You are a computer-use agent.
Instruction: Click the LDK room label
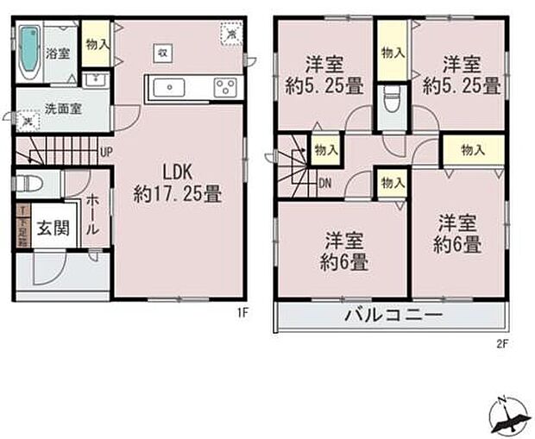point(177,181)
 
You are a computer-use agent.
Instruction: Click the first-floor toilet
point(31,184)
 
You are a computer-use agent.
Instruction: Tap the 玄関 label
point(52,230)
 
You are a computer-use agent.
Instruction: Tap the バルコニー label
point(393,316)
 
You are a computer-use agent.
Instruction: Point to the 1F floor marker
point(243,313)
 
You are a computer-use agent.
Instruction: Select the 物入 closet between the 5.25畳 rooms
point(393,53)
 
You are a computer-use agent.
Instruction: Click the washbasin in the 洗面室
point(96,82)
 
